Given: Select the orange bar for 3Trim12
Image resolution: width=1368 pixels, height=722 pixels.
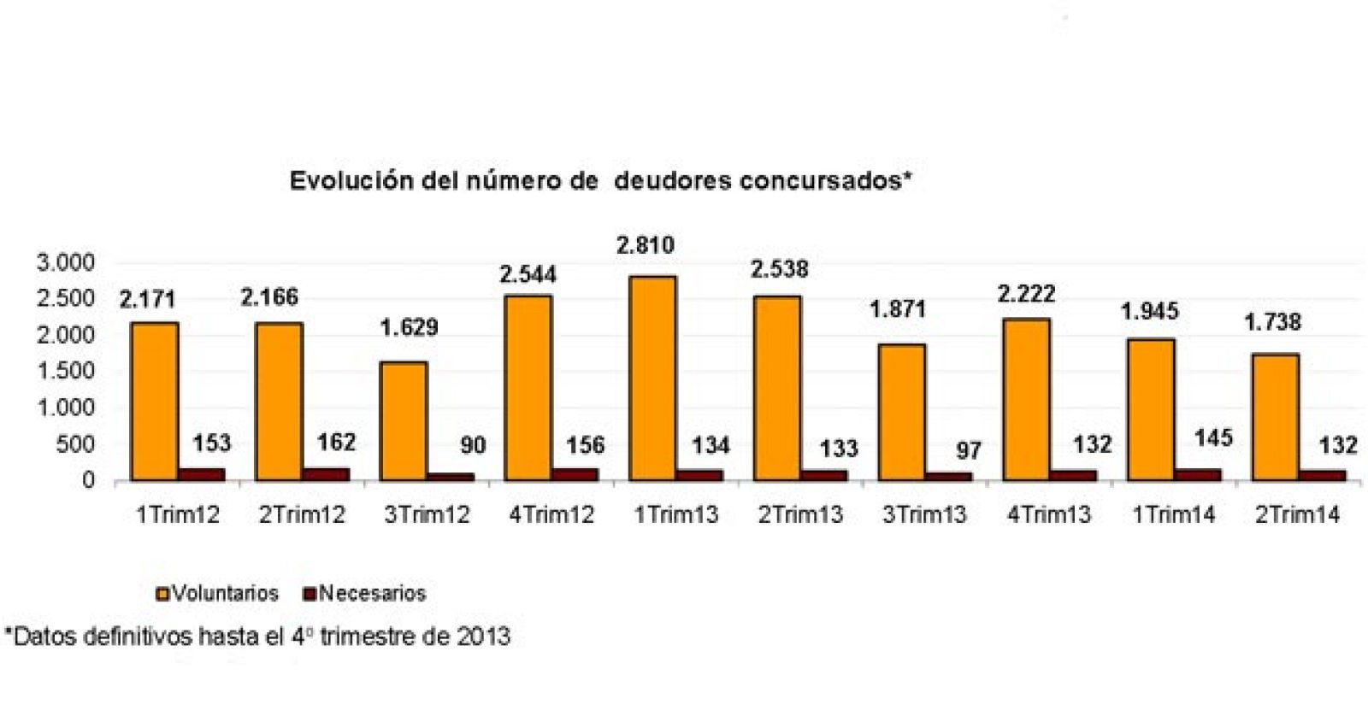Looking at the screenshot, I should tap(403, 420).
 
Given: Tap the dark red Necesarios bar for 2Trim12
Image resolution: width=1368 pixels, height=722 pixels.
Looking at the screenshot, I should tap(325, 473).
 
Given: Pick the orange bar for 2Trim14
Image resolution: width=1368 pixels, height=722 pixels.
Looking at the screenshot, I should tap(1275, 417).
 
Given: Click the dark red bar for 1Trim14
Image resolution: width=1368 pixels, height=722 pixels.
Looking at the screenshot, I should tap(1196, 474).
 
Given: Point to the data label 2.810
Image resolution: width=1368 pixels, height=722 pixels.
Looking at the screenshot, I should tap(646, 246).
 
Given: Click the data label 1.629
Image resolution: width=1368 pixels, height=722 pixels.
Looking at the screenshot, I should tap(409, 327).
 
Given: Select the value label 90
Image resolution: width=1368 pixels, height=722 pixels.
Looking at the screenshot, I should tap(472, 445).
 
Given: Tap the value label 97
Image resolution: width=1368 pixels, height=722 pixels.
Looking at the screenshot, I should tap(968, 450).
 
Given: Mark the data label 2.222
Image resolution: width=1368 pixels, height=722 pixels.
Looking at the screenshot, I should tap(1026, 295).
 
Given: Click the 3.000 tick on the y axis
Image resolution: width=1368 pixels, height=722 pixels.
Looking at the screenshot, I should tap(65, 263).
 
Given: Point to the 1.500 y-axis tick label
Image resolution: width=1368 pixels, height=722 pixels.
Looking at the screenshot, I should tap(65, 372).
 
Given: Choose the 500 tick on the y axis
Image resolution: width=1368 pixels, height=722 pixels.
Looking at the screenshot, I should tap(76, 444).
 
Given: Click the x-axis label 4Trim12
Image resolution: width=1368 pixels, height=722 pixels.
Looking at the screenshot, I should tap(551, 515).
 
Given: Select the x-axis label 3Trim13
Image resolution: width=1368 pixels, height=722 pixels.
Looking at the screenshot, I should tap(923, 515).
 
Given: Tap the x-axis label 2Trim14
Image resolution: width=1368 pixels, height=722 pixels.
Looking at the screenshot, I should tap(1297, 515).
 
